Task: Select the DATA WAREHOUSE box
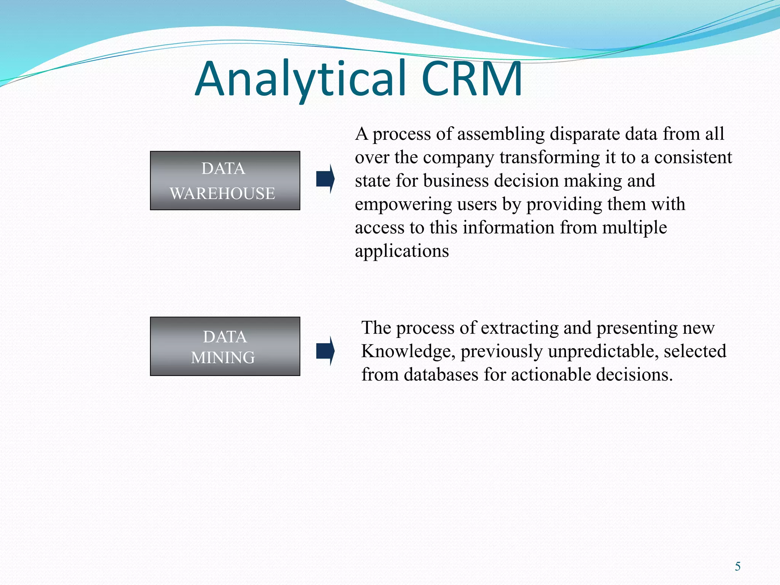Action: (x=225, y=181)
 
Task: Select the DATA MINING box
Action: (x=225, y=346)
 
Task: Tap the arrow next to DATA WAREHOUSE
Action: (x=325, y=179)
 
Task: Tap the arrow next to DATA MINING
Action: (x=325, y=351)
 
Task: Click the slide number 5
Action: (x=738, y=566)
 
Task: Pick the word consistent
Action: (x=693, y=157)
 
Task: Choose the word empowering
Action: (x=403, y=204)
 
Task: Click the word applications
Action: (x=402, y=251)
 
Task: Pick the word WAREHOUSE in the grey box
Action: (x=222, y=193)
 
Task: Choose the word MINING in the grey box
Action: (x=223, y=358)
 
